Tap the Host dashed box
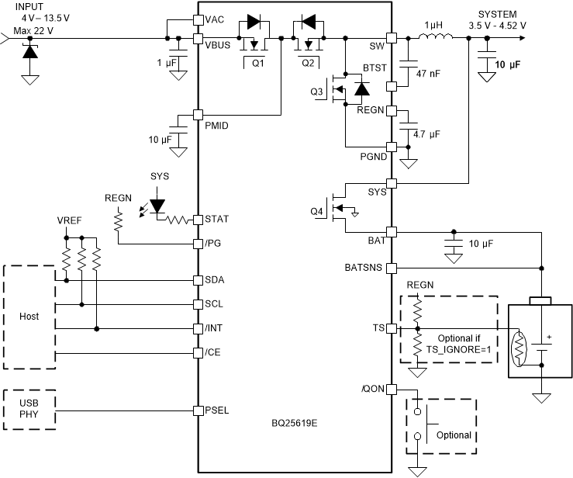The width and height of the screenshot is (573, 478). tap(29, 317)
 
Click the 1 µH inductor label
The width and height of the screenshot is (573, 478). tap(430, 24)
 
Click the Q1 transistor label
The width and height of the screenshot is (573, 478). tap(257, 63)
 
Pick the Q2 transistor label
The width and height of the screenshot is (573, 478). tap(308, 63)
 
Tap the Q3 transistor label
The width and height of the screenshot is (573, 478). tap(318, 92)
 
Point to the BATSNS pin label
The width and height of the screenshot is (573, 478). tap(362, 268)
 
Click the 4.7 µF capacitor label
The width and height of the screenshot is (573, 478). tap(427, 134)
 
